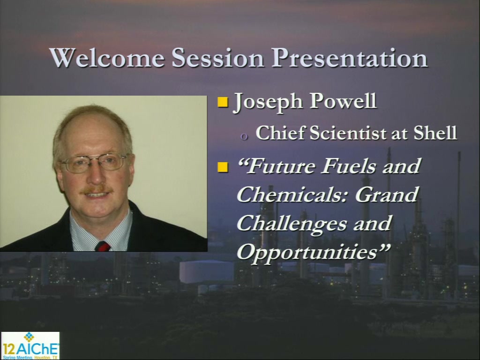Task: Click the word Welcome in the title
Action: [x=107, y=58]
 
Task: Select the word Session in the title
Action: [x=217, y=58]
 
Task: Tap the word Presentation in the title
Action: [x=349, y=58]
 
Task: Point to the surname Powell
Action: [x=343, y=101]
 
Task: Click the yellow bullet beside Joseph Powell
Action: [x=223, y=102]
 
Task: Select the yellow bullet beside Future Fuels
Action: [x=223, y=167]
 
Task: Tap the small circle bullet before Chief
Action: [x=244, y=137]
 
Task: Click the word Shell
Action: [x=435, y=133]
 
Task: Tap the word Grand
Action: [x=387, y=194]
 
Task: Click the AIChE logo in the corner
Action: [x=30, y=345]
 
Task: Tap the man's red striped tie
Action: [x=103, y=246]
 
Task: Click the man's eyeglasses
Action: [x=94, y=163]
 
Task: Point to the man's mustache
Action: [x=97, y=190]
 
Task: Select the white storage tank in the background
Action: [x=207, y=271]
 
